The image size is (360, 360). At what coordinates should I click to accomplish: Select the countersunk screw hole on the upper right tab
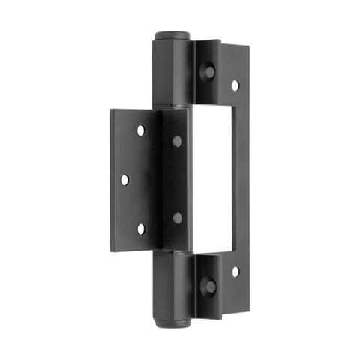click(x=210, y=72)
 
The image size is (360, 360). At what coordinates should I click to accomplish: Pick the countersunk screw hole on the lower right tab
click(x=211, y=286)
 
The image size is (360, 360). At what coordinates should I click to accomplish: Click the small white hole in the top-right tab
click(x=235, y=85)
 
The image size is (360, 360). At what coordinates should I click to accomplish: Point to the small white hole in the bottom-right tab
click(x=235, y=270)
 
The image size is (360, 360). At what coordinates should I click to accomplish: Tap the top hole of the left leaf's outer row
click(x=139, y=131)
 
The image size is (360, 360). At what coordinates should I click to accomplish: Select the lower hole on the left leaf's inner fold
click(x=178, y=218)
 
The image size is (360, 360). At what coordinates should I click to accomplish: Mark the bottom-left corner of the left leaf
click(x=111, y=247)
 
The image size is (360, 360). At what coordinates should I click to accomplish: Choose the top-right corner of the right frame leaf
click(x=248, y=46)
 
